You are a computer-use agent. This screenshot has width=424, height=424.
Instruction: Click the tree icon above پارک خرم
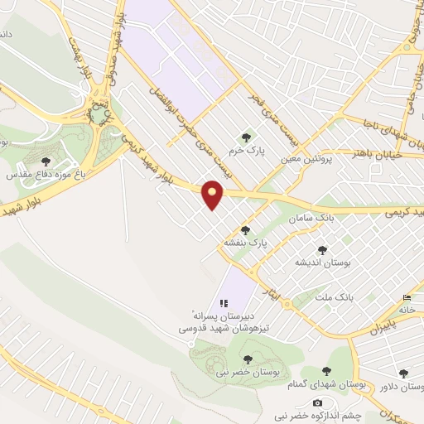245,137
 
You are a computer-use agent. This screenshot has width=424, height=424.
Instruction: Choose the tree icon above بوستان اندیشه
322,249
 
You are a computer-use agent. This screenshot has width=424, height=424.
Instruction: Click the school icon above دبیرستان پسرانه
224,303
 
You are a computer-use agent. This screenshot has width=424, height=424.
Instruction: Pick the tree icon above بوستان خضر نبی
248,359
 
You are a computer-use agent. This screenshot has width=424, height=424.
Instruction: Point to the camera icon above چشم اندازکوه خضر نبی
316,402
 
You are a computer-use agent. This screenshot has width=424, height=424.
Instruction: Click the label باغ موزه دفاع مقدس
43,175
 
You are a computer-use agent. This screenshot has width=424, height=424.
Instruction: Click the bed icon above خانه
407,297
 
